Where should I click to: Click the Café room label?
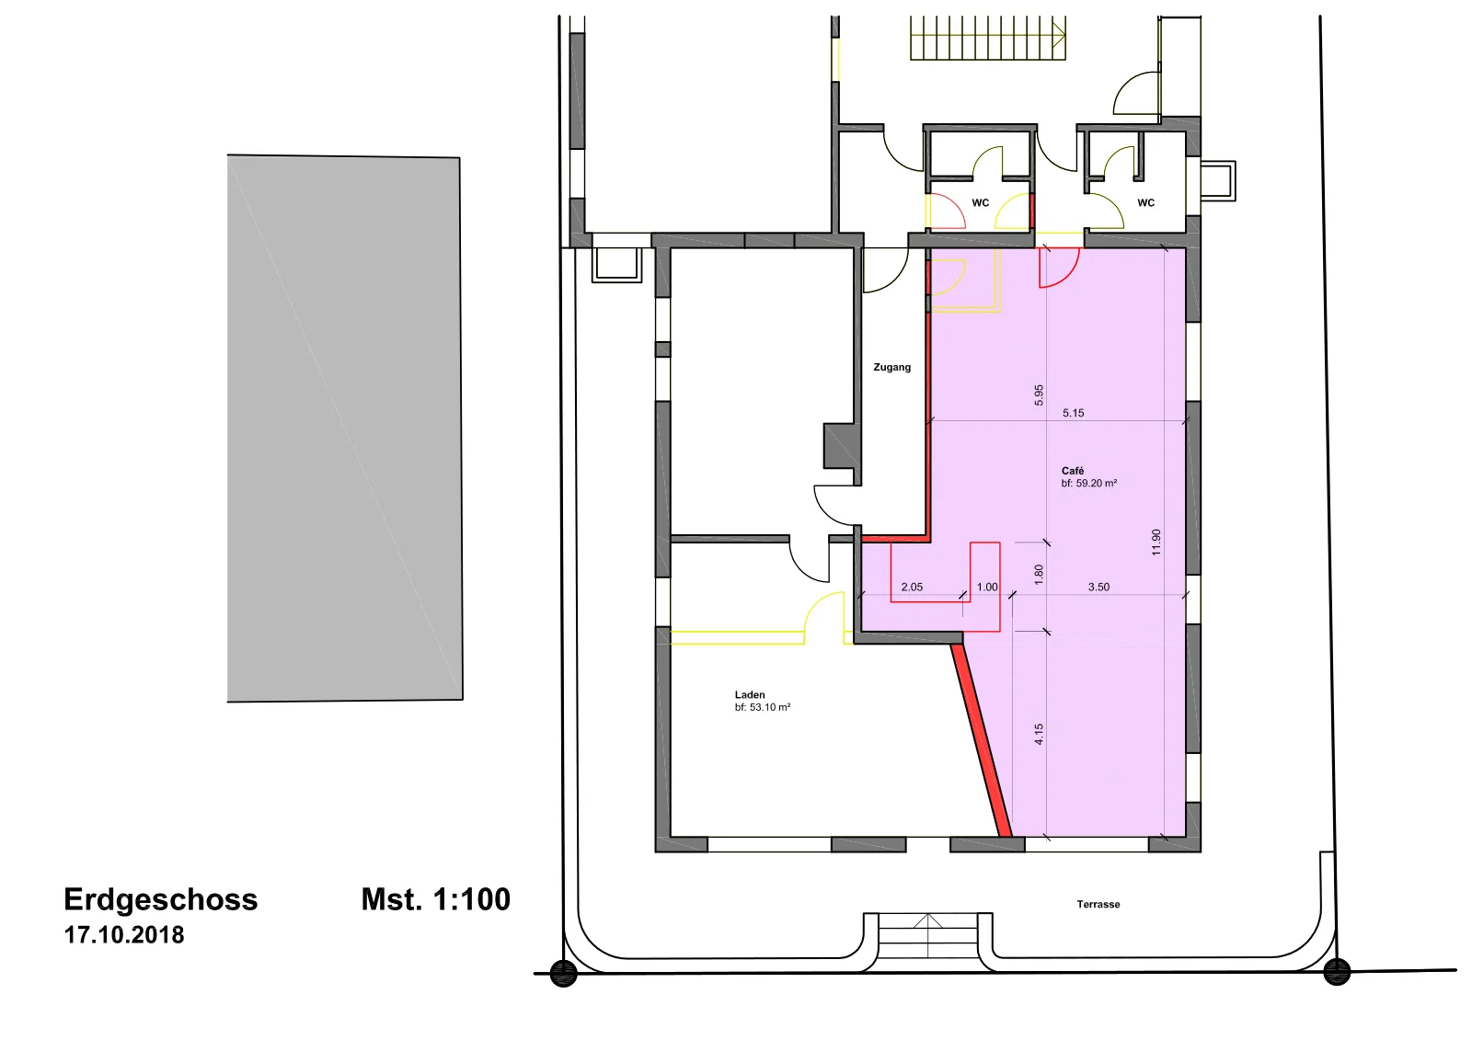(x=1073, y=471)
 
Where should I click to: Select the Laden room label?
(x=750, y=694)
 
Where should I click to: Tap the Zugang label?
(x=891, y=367)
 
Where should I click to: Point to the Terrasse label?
(x=1098, y=904)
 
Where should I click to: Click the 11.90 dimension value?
(x=1156, y=543)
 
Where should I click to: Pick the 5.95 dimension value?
(x=1039, y=394)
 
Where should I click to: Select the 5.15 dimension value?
(x=1073, y=413)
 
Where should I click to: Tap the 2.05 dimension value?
(x=912, y=588)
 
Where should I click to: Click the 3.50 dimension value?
(x=1098, y=588)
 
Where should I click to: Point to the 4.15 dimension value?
(x=1039, y=735)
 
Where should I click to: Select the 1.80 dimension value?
(x=1039, y=575)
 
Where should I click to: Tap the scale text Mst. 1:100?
(x=436, y=899)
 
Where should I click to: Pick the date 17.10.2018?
(x=124, y=935)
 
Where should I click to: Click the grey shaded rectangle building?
(x=344, y=429)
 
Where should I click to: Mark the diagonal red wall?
(x=981, y=740)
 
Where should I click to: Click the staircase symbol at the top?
(x=988, y=38)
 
